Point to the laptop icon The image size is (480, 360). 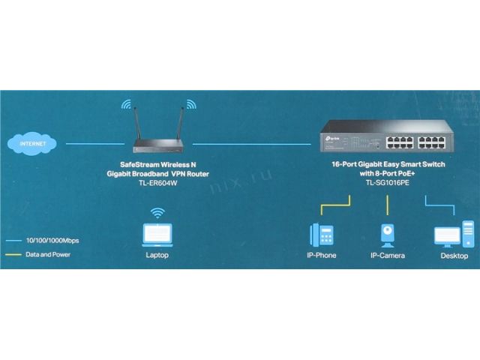[157, 234]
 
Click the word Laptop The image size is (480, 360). [157, 255]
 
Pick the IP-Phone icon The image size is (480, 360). [320, 235]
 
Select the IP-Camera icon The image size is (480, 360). [387, 235]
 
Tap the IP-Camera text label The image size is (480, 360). [387, 255]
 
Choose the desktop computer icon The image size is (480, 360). [454, 234]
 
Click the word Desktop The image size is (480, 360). [454, 255]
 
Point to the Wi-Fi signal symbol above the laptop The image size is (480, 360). [157, 214]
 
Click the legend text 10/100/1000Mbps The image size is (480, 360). [52, 240]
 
